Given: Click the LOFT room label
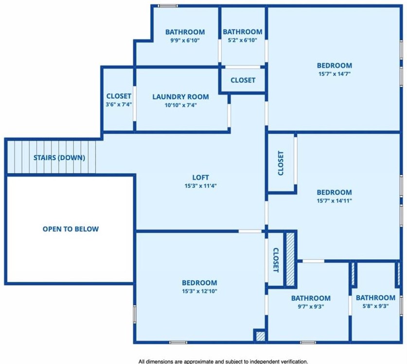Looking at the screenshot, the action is tap(200, 178).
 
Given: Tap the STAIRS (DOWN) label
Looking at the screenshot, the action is tap(59, 158).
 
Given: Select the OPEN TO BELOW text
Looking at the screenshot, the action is tap(71, 229).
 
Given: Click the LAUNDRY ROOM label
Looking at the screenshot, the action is tap(181, 97).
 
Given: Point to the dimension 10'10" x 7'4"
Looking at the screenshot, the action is tap(181, 105).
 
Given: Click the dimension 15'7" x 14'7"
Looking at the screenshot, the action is tap(335, 74).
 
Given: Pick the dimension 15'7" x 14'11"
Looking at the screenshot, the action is tap(335, 200).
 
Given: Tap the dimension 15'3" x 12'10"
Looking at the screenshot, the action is tap(199, 291).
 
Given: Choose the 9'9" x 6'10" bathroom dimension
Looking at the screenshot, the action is tap(185, 40).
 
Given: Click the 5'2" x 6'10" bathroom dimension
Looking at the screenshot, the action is tap(243, 40).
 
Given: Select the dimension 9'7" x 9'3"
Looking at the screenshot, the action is tap(311, 306).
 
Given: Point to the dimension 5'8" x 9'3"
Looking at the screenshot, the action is tap(375, 306).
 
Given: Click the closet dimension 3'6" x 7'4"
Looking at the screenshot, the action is tap(119, 105).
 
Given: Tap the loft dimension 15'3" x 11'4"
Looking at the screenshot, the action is tap(200, 186).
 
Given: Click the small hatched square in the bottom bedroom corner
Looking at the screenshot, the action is tap(260, 336).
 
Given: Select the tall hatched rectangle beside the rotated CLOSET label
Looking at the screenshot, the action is tap(290, 259).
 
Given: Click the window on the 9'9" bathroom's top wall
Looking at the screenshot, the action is tap(168, 6).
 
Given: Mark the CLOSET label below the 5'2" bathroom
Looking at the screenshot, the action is tap(243, 80).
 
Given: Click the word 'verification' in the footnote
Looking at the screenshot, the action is tap(295, 362).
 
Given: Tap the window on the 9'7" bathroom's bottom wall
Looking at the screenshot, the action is tap(308, 343).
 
